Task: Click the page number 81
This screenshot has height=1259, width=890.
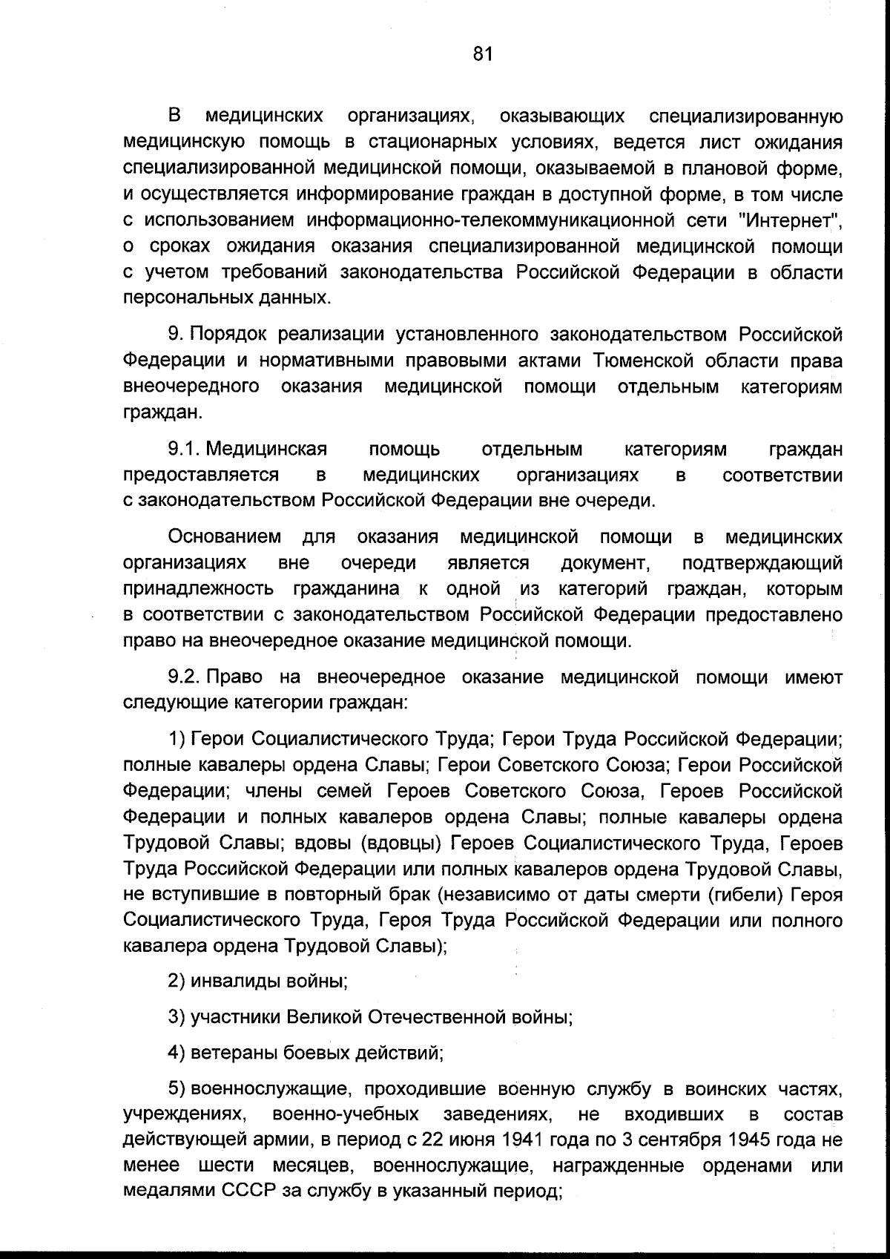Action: [x=482, y=53]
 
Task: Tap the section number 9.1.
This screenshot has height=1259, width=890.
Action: [x=184, y=450]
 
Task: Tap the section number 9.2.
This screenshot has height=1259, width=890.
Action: [x=185, y=677]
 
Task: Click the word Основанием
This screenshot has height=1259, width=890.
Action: [x=225, y=536]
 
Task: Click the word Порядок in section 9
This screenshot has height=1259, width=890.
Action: [x=231, y=335]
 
